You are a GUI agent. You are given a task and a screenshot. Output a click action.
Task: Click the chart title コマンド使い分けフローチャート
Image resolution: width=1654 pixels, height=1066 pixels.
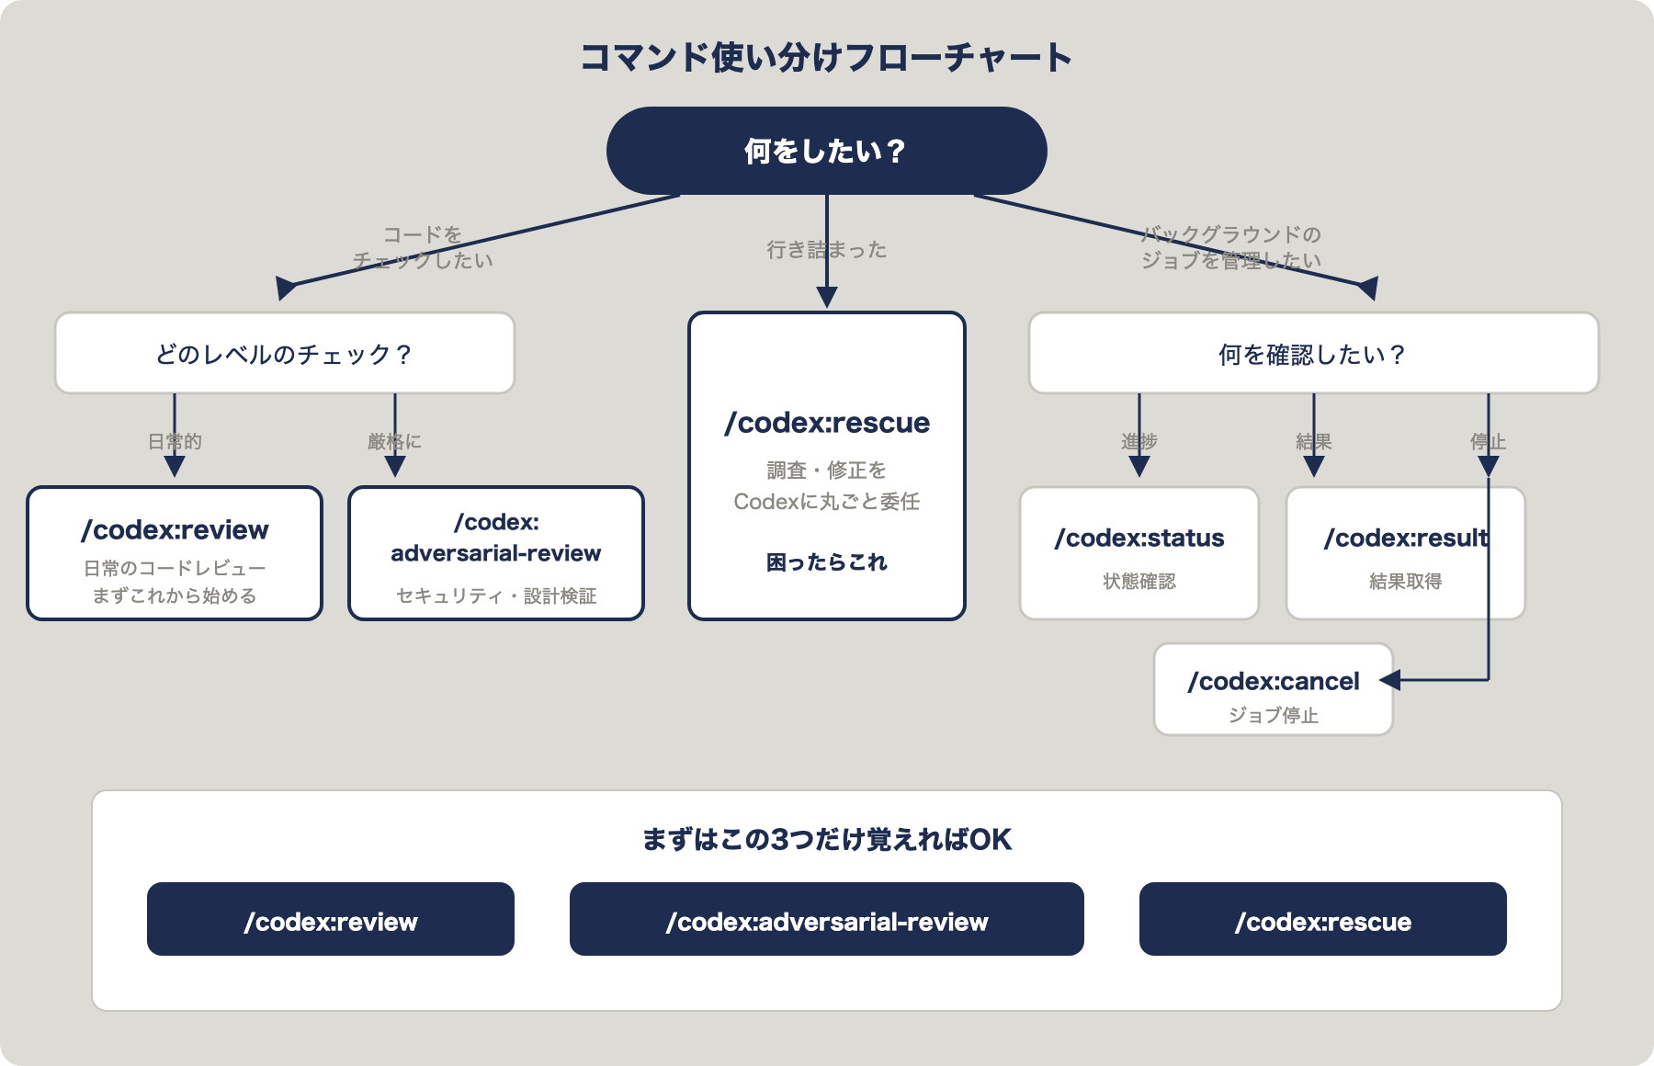click(826, 57)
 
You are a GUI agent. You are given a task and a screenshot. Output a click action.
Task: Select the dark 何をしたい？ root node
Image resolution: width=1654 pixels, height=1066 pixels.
click(826, 151)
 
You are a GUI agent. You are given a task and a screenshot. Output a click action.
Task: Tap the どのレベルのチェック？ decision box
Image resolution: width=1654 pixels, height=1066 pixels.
click(284, 354)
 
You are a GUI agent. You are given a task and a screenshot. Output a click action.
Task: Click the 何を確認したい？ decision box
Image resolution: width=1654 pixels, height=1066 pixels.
click(1313, 354)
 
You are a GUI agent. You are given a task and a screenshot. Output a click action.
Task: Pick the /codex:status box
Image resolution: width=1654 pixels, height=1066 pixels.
click(1139, 553)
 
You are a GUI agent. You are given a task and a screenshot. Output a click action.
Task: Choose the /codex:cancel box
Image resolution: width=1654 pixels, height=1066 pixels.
click(1273, 690)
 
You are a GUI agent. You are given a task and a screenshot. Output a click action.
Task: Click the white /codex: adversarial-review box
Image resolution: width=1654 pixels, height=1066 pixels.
click(495, 553)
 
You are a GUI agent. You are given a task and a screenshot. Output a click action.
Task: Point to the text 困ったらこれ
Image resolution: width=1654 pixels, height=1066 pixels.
click(826, 562)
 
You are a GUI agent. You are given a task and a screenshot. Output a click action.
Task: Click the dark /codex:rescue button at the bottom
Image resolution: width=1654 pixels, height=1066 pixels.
click(1322, 920)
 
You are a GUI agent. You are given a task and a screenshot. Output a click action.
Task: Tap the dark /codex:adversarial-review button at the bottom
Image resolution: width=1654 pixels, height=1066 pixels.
click(826, 920)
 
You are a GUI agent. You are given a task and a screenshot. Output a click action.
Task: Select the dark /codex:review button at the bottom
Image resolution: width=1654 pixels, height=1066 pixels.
click(330, 920)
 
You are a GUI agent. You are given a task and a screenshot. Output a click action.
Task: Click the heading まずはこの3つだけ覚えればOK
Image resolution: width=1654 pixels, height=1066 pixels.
click(826, 839)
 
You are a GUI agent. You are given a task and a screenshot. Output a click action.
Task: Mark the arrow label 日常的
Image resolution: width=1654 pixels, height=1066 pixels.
click(175, 441)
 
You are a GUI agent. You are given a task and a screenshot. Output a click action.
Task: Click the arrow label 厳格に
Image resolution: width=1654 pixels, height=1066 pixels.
click(394, 441)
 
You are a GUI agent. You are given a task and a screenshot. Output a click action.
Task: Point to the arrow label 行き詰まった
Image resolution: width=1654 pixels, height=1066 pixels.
click(826, 250)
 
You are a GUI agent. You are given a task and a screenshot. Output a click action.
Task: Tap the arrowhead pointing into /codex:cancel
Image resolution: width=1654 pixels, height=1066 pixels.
click(1389, 680)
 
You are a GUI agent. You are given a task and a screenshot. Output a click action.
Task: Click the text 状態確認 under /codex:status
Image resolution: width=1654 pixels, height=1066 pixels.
click(1139, 581)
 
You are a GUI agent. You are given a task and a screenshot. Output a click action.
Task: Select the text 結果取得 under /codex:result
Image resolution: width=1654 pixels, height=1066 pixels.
click(1405, 581)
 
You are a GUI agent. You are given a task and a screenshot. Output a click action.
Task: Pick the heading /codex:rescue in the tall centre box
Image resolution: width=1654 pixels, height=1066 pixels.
click(826, 423)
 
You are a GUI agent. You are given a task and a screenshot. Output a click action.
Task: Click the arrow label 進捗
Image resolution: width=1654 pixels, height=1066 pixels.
click(1139, 441)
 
